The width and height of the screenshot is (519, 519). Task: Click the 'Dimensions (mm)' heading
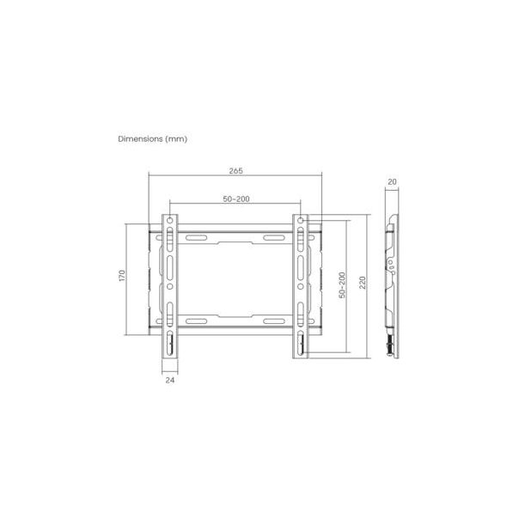(x=153, y=139)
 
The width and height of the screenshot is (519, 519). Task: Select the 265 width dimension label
(x=236, y=171)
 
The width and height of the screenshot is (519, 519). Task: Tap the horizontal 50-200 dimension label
(x=236, y=199)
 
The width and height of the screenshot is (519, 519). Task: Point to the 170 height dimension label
(x=122, y=276)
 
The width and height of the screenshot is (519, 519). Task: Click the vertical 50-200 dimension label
(x=342, y=285)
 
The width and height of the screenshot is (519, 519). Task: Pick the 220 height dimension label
(x=363, y=283)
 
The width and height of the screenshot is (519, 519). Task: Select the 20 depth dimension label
(x=392, y=181)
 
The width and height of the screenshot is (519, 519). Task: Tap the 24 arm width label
(x=170, y=381)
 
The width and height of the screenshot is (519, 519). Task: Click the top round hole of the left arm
(x=170, y=221)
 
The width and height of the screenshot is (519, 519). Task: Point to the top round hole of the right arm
(x=301, y=221)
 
